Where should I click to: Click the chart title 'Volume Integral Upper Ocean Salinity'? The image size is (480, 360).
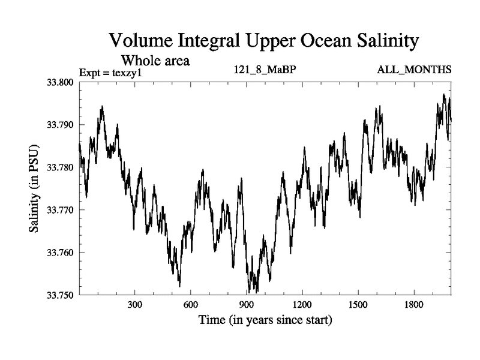[263, 41]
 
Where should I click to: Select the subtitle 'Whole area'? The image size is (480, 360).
[155, 60]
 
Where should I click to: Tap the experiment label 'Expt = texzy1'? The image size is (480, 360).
[114, 73]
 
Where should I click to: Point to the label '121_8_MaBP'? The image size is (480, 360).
[265, 70]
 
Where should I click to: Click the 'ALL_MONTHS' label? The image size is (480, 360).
[414, 70]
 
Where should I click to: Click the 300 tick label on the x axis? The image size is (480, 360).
[135, 305]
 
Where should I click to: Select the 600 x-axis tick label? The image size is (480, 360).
[191, 305]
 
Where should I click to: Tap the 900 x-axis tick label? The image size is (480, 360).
[247, 305]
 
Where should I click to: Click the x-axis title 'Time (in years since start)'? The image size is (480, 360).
[265, 320]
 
